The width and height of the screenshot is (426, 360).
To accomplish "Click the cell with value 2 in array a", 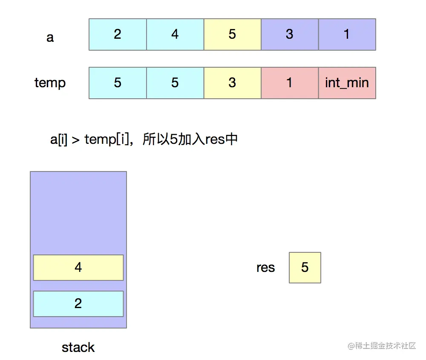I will (118, 34).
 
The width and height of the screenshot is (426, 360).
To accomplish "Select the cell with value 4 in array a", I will (175, 34).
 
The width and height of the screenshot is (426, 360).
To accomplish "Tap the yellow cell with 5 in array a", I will (232, 34).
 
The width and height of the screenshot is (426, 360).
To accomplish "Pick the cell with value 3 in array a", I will (290, 34).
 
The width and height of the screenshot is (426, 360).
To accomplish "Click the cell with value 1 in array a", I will (347, 34).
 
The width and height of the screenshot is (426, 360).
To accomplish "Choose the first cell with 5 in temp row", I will (118, 83).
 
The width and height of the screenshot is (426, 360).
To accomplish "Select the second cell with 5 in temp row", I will (175, 83).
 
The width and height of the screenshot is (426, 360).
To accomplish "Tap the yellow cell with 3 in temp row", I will (232, 83).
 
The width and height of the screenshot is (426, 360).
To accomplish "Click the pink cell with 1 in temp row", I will (290, 83).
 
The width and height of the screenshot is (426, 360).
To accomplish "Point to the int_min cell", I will (347, 83).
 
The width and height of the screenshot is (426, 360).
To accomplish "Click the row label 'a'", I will (50, 37).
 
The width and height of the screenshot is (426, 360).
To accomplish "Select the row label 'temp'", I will (50, 83).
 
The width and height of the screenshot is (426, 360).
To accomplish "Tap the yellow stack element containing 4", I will (78, 268).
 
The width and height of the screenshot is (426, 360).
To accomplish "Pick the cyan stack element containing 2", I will (78, 304).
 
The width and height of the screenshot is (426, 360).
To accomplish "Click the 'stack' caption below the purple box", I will (78, 347).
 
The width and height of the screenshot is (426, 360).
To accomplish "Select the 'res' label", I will (265, 268).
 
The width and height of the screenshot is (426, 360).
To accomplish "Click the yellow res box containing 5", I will (305, 268).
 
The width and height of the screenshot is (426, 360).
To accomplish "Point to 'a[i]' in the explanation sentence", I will (59, 140).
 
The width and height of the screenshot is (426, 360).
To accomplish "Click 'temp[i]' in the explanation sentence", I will (106, 140).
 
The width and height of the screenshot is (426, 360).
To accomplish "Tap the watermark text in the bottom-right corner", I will (382, 346).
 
